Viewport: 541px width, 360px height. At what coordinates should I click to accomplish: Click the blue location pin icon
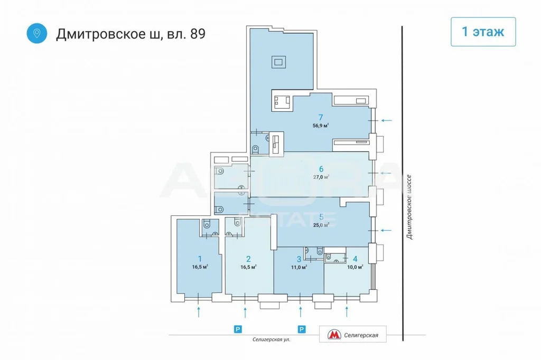[36, 33]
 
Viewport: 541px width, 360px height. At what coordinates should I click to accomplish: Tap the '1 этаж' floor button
[482, 32]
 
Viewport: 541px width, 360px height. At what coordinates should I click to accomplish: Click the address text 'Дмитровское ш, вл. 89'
[130, 34]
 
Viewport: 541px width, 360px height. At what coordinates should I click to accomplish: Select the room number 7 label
[320, 117]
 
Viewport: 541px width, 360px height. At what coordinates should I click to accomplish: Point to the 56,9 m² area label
[320, 126]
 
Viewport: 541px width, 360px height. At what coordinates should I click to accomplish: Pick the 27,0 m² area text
[321, 177]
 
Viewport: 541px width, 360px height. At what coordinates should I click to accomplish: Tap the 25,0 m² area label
[321, 224]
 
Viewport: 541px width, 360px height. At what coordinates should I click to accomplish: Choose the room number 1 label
[200, 258]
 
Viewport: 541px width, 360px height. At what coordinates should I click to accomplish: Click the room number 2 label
[248, 258]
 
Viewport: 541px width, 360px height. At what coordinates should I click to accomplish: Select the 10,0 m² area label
[355, 267]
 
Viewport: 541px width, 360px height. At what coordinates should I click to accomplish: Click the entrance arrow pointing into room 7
[387, 121]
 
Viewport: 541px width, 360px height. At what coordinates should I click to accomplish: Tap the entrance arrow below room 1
[199, 311]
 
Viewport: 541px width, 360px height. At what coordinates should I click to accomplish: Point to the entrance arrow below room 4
[347, 311]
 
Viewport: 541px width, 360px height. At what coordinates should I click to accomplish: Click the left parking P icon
[238, 329]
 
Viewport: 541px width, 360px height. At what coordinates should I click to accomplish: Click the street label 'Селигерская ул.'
[272, 340]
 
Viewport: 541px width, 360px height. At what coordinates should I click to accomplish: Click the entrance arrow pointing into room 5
[387, 230]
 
